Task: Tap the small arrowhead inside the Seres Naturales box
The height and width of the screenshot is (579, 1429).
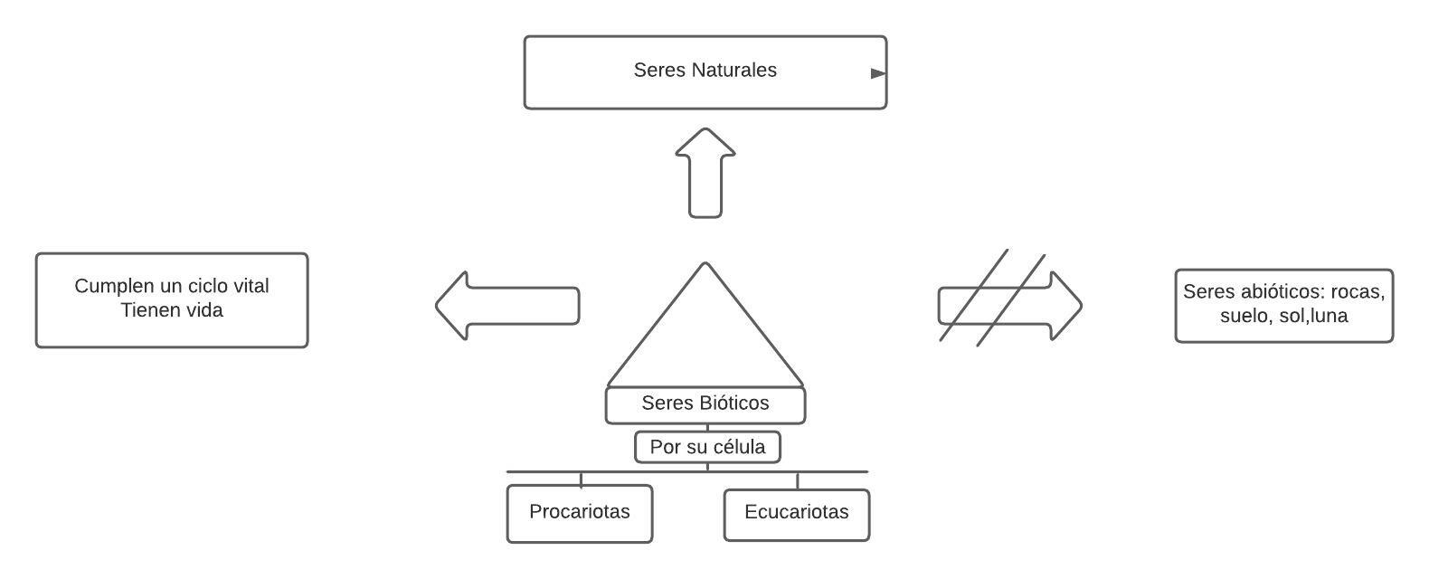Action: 877,73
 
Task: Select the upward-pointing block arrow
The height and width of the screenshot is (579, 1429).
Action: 705,172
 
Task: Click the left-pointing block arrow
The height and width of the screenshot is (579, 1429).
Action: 506,306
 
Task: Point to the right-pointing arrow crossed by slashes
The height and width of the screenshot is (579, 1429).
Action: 1010,305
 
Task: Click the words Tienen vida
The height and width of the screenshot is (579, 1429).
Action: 172,310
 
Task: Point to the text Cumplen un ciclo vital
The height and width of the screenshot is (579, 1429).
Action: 172,286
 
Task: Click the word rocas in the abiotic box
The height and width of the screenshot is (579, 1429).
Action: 1358,291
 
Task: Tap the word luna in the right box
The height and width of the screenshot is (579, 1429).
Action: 1329,316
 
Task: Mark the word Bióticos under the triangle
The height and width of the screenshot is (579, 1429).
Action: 734,403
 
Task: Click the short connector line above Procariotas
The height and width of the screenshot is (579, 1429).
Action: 581,479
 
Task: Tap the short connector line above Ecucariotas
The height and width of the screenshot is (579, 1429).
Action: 797,480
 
